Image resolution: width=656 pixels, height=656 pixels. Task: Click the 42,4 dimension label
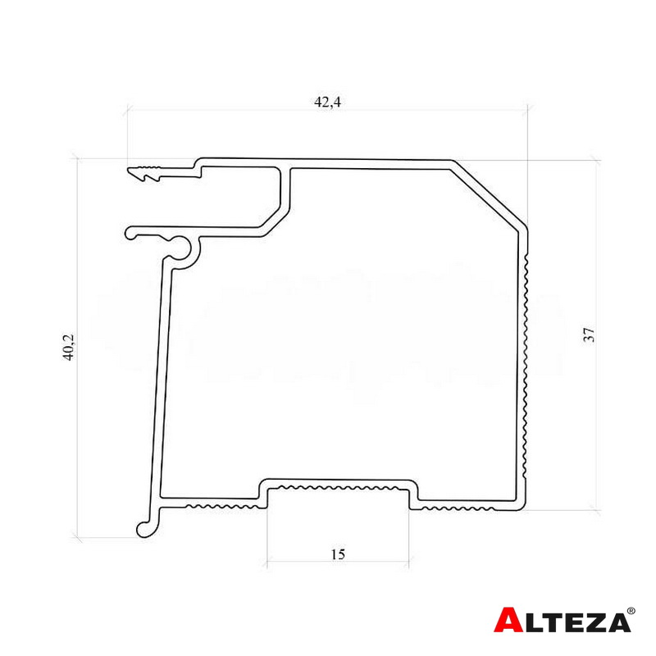[x=327, y=102]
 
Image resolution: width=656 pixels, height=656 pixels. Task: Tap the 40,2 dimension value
[x=68, y=347]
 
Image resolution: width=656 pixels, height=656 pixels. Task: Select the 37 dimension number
[x=589, y=335]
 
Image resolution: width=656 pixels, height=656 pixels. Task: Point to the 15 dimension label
[x=338, y=554]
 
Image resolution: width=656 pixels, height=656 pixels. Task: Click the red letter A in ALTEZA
[x=508, y=620]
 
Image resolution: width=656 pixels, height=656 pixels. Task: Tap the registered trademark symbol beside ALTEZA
[x=631, y=611]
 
